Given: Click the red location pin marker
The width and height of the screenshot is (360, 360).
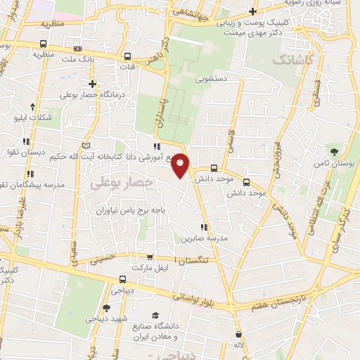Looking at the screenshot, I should [x=181, y=166].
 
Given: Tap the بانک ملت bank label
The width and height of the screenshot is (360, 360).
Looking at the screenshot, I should [x=82, y=61].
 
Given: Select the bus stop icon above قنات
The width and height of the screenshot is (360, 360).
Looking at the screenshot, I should [x=127, y=57].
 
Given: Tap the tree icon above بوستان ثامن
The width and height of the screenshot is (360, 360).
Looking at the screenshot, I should [x=334, y=153].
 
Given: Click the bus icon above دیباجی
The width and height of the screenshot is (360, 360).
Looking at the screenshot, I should [x=114, y=287].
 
